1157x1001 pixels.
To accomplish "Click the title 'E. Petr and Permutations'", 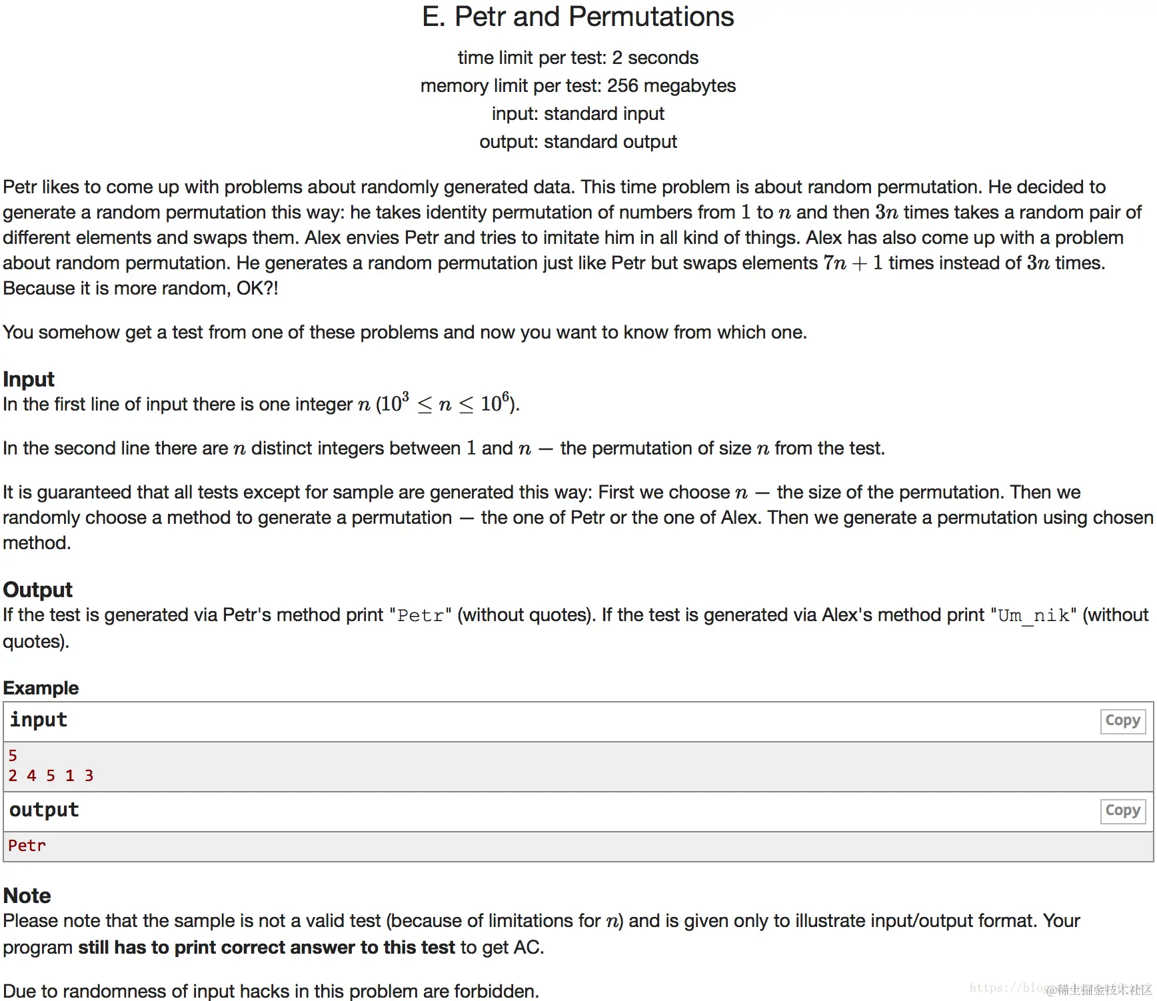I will click(x=578, y=17).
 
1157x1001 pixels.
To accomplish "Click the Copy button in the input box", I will click(x=1122, y=720).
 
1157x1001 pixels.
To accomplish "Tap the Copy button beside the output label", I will click(x=1122, y=810).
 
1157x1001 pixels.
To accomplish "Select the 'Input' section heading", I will click(x=29, y=379).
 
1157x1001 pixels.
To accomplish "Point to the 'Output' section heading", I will click(x=37, y=590).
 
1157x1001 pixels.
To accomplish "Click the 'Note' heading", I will click(x=27, y=895).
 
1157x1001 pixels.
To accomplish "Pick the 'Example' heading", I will click(x=41, y=688).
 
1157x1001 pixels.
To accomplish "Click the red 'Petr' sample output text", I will click(x=27, y=846).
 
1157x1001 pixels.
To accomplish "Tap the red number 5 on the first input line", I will click(x=13, y=756).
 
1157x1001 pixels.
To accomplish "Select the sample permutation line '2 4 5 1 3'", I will click(x=51, y=776).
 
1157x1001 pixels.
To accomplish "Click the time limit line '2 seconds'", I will click(x=578, y=58).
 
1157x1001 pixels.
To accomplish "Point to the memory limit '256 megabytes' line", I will click(x=578, y=86).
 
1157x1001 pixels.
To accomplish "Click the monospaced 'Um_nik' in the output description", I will click(x=1033, y=615).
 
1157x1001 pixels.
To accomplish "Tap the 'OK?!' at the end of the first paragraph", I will click(x=257, y=289).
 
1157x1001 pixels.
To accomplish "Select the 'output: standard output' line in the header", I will click(x=578, y=142).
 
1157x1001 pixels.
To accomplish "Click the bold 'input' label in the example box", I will click(x=38, y=720).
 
